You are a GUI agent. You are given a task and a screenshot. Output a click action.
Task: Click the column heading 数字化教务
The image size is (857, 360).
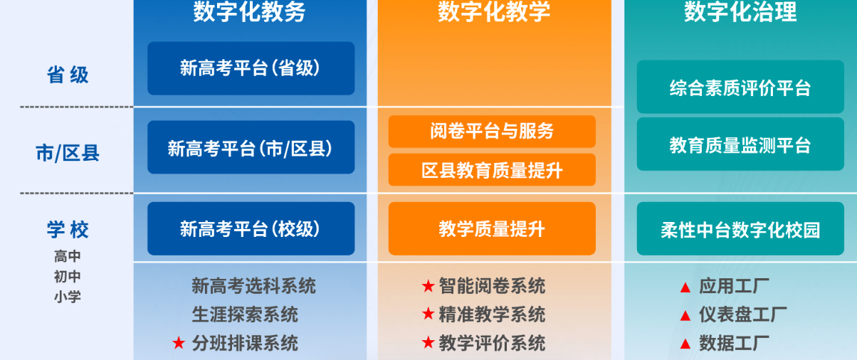(249, 12)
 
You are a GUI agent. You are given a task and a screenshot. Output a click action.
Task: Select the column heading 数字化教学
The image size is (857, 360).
(494, 12)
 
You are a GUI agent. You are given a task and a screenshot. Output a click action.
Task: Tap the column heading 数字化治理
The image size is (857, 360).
(740, 12)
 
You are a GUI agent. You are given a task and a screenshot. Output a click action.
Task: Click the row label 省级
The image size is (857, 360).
(68, 75)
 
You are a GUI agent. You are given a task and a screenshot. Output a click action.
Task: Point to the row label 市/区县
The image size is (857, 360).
(68, 152)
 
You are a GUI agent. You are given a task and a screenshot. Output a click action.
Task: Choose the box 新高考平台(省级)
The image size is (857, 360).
(251, 68)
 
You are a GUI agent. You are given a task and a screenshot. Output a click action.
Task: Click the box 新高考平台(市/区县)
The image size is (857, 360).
(251, 148)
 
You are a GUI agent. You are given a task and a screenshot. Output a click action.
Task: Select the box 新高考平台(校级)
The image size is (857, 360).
(251, 228)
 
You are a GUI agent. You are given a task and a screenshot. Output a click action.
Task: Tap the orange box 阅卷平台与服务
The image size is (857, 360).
(492, 131)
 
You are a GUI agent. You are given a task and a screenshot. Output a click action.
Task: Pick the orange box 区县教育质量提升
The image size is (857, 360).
(492, 170)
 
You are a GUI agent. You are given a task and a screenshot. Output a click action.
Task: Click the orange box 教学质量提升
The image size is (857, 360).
(492, 228)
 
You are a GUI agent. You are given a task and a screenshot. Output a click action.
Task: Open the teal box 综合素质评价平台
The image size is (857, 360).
(740, 88)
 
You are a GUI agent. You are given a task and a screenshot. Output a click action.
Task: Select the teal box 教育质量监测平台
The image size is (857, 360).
(740, 145)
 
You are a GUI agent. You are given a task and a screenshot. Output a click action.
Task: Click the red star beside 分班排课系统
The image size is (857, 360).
(179, 343)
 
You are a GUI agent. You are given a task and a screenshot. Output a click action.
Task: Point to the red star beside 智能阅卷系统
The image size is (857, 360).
(428, 286)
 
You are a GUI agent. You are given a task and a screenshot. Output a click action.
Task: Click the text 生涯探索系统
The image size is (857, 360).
(245, 314)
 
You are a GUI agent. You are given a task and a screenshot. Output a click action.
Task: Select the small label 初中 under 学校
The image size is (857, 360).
(68, 277)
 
